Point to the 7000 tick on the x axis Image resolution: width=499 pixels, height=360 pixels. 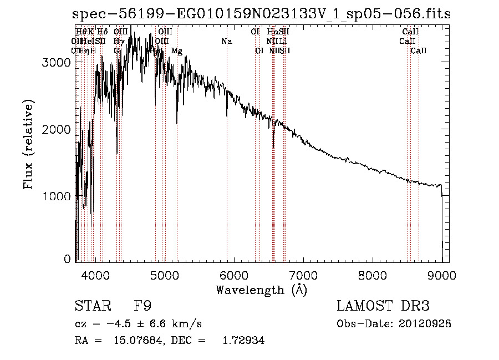point(303,276)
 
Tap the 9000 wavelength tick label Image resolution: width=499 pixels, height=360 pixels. point(442,276)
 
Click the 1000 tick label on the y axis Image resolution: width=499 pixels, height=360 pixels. point(57,196)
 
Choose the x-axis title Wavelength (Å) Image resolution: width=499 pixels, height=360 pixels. point(261,290)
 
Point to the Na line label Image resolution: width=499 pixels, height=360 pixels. point(226,41)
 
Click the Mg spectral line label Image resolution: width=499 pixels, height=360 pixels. point(176,51)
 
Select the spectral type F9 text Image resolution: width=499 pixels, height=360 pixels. point(143,306)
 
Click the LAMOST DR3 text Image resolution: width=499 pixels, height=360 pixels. point(383,306)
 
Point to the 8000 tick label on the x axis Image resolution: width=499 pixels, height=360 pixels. point(373,276)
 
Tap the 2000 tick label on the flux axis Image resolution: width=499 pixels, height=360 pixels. point(57,130)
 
